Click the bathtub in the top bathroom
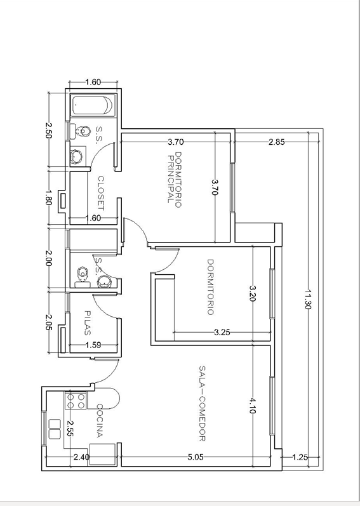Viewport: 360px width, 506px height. pos(93,105)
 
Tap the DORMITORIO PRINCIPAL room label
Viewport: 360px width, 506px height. pos(175,180)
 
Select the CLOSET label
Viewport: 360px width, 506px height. pos(101,193)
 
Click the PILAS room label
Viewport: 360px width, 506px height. pos(88,323)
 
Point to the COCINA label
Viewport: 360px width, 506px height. pos(100,420)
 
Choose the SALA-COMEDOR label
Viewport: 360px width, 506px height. pos(203,403)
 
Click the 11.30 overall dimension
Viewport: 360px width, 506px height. pos(307,299)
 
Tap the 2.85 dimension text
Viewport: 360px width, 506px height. pos(276,142)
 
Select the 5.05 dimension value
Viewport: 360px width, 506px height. pos(196,457)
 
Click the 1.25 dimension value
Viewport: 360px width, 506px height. pos(300,457)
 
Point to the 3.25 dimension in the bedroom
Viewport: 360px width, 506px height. pos(222,332)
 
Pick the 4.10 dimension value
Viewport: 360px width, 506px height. pos(252,406)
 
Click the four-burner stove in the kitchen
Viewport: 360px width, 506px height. pos(76,400)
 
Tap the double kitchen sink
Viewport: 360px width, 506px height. pos(55,429)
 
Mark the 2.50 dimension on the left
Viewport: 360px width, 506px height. pos(48,130)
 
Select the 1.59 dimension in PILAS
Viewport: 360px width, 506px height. pos(93,345)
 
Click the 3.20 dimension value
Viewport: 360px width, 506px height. pos(252,293)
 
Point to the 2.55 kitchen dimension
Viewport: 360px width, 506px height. pos(70,429)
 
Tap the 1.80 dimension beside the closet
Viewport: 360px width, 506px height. pos(48,197)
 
